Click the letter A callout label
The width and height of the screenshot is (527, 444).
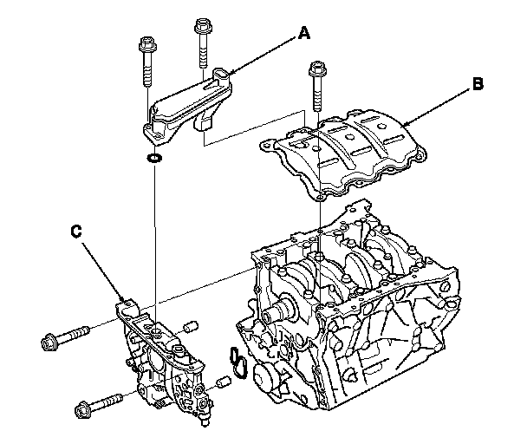click(304, 34)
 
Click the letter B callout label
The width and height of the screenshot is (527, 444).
click(478, 84)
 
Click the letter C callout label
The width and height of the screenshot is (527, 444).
click(76, 232)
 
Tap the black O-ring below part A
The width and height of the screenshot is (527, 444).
click(154, 157)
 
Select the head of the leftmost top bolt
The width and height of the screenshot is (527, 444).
click(146, 42)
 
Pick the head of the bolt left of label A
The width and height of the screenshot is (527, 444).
click(203, 25)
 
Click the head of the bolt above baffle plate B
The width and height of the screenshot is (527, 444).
click(316, 68)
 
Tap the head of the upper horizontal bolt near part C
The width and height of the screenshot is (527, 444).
click(49, 342)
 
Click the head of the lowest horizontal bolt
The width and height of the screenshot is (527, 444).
click(82, 409)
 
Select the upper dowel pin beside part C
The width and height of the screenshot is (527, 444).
click(192, 327)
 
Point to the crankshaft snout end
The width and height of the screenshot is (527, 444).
click(268, 316)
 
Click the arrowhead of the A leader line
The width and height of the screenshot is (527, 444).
click(230, 75)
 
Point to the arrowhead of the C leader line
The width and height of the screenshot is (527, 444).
click(123, 298)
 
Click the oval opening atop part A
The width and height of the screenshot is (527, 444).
click(220, 74)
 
